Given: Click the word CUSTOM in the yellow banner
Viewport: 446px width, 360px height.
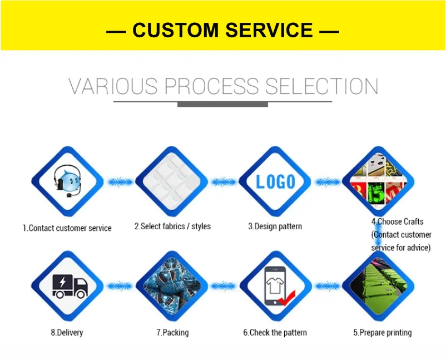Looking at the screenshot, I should pos(174,30).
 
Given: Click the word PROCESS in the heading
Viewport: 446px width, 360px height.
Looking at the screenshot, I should pos(211,87).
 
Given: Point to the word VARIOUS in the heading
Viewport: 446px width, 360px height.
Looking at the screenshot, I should pos(113,87).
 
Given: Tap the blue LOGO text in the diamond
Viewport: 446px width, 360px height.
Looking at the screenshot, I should pos(275,181).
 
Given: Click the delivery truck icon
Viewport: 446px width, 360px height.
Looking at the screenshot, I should pos(70,286).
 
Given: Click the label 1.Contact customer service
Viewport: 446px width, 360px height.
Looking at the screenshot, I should pos(67,228).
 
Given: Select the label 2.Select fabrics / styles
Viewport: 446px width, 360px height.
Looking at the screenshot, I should pos(172,226).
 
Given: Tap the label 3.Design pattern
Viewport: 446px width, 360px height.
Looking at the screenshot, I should pos(275,226).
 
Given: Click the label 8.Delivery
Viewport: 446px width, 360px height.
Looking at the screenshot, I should pos(67,333).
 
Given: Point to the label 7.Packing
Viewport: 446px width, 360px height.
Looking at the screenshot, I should pos(172,333).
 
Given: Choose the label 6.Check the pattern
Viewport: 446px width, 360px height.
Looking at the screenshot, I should pos(275,333).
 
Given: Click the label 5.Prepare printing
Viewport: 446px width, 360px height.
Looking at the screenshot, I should pos(383,333).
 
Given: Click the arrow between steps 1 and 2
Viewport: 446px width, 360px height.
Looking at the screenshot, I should pos(120,181).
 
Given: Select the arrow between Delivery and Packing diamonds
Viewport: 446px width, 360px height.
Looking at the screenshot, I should pos(120,287).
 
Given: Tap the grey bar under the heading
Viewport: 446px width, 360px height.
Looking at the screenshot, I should pos(222,104).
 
